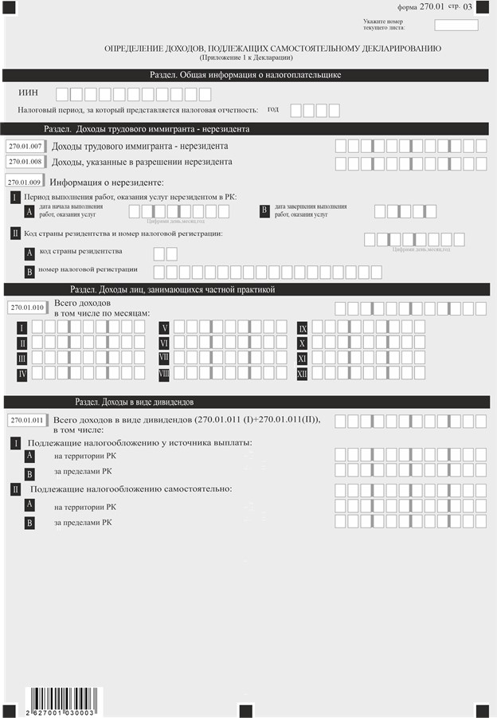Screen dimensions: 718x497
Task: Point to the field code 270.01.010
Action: [26, 307]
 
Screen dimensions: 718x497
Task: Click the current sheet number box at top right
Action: [456, 25]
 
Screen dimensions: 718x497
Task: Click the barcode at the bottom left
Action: [60, 700]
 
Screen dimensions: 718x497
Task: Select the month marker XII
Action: [303, 374]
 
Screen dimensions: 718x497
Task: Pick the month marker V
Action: [164, 328]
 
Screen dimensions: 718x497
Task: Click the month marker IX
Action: [303, 328]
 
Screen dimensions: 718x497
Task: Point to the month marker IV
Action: [22, 374]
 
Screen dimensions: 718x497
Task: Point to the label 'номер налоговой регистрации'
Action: [88, 270]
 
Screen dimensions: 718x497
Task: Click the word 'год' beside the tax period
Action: [273, 109]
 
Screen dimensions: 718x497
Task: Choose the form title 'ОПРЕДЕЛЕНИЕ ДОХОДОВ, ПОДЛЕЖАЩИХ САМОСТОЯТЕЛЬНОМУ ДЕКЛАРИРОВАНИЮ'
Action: [272, 49]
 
